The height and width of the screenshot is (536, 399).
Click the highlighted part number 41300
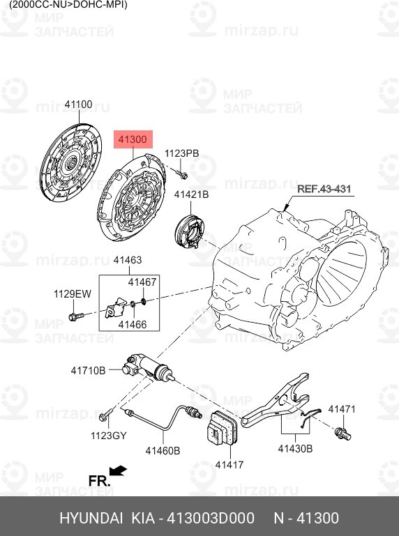point(133,140)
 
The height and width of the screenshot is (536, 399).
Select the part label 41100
point(78,105)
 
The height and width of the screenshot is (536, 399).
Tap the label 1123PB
point(181,153)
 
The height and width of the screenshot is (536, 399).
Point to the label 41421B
point(191,194)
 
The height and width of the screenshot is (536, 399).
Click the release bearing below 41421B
point(189,232)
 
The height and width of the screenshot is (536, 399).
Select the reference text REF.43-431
point(324,189)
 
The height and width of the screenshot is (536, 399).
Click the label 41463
point(127,260)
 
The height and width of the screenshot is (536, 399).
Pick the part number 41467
point(142,282)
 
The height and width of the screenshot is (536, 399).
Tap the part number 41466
point(132,324)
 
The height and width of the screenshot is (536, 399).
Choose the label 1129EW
point(73,294)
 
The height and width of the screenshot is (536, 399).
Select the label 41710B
point(88,370)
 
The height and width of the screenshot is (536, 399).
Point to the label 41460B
point(163,451)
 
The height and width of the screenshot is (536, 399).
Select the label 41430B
point(295,448)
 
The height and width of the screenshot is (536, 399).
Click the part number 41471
point(342,409)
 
